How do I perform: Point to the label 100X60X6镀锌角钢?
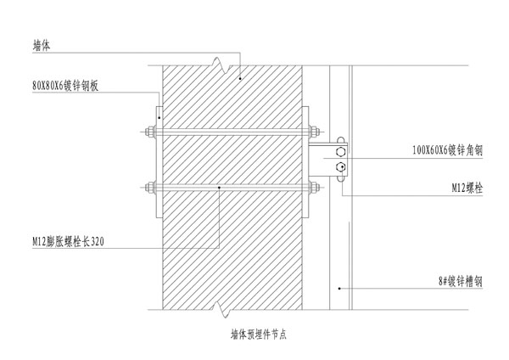[446, 150]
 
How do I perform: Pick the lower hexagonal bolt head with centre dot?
[340, 167]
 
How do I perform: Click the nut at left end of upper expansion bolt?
[150, 132]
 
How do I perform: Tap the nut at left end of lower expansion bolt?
[150, 187]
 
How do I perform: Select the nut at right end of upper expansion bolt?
[313, 132]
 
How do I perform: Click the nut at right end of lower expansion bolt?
[313, 187]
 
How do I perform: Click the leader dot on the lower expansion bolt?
[220, 187]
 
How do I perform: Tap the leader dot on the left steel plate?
[159, 117]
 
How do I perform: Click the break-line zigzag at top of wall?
[221, 64]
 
